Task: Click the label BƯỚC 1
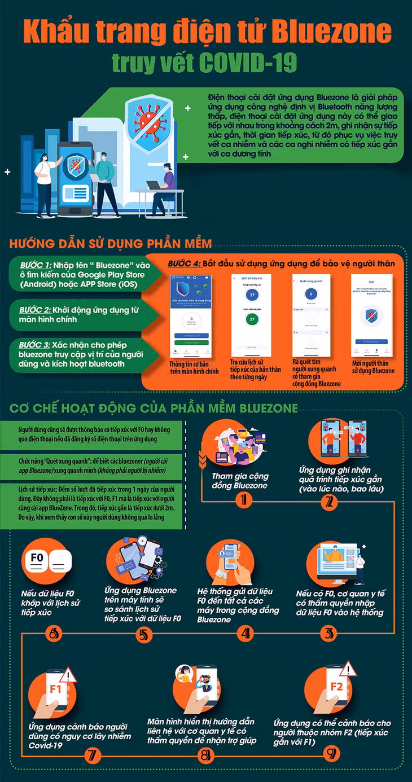click(x=36, y=265)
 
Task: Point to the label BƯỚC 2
click(x=36, y=310)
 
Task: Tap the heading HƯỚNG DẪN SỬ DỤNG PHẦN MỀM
click(x=110, y=244)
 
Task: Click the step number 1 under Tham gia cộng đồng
click(x=243, y=499)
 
